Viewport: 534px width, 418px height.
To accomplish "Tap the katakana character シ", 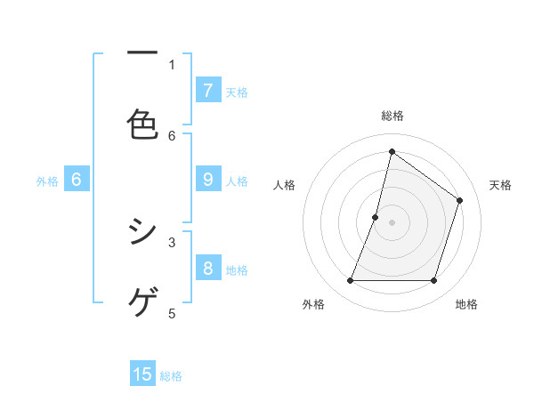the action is tap(142, 232).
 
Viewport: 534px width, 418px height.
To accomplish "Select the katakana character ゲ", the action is tap(142, 301).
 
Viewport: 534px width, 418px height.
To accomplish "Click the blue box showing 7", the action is tap(208, 90).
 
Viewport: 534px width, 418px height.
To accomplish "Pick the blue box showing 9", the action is tap(208, 180).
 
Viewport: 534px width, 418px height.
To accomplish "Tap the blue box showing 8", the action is tap(208, 269).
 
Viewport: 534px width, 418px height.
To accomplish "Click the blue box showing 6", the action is tap(77, 180).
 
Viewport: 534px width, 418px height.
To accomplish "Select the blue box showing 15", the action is tap(142, 374).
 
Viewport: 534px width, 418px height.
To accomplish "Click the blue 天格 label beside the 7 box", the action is tap(237, 92).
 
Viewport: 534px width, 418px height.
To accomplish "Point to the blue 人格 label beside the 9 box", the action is tap(237, 181).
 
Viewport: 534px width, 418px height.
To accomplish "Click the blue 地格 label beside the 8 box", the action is tap(237, 270).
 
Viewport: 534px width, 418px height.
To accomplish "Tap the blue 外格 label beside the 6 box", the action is tap(47, 181).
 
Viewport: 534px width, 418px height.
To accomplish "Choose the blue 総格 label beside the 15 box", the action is tap(171, 376).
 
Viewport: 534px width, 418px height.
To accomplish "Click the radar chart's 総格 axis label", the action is tap(392, 116).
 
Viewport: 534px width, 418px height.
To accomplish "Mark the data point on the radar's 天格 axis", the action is tap(460, 200).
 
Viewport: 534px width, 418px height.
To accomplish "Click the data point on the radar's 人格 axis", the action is tap(376, 217).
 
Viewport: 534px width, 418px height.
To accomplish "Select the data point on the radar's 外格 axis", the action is tap(351, 281).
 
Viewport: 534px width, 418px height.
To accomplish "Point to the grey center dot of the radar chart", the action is tap(392, 222).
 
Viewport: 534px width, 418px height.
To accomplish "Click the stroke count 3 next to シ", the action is tap(172, 241).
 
